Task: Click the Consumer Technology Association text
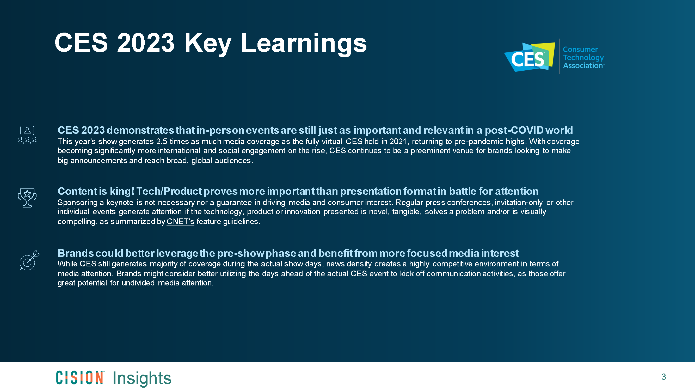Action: (x=583, y=57)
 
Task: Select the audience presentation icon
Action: (x=27, y=135)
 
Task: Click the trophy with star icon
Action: (x=27, y=198)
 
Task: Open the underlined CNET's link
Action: (x=180, y=222)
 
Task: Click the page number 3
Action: (x=663, y=377)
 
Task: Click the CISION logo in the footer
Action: (x=80, y=377)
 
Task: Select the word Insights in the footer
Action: (x=142, y=378)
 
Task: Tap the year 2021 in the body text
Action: (x=398, y=142)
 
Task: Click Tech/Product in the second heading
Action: (x=169, y=191)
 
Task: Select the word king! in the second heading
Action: (x=122, y=191)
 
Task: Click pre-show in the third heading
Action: (x=240, y=253)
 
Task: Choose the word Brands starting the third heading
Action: (x=76, y=253)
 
